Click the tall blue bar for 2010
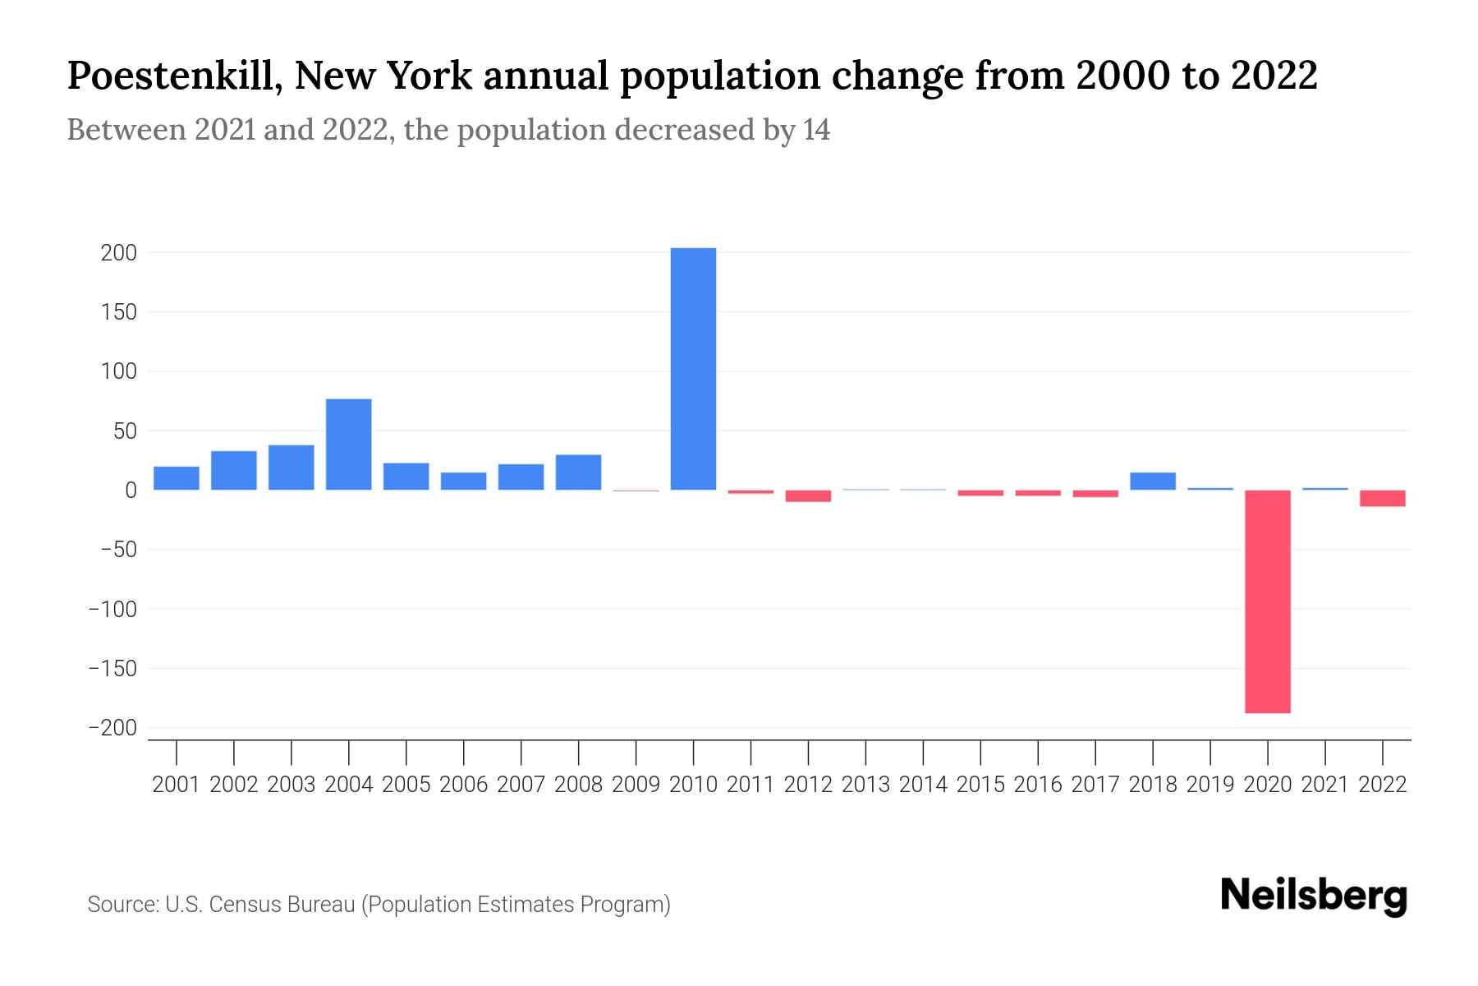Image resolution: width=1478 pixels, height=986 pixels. coord(693,370)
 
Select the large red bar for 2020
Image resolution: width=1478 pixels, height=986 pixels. coord(1267,601)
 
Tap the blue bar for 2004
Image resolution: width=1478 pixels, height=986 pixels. coord(349,445)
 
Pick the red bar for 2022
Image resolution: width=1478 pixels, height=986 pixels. coord(1382,498)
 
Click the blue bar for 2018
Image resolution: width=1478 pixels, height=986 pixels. coord(1153,481)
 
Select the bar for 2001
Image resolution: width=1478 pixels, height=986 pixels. coord(177,478)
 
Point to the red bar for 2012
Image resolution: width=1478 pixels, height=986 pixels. coord(808,495)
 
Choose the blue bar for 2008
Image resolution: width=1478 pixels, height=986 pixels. coord(578,472)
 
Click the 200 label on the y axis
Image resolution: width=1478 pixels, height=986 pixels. coord(119,253)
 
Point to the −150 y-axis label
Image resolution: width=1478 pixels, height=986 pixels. coord(112,669)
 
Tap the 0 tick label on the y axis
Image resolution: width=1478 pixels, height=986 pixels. coord(131,491)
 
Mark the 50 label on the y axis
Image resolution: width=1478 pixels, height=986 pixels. coord(124,431)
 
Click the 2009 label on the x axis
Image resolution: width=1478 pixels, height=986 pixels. coord(636,785)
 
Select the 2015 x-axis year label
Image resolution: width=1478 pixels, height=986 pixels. coord(980,785)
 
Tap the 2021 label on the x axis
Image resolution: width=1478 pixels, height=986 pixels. coord(1324,785)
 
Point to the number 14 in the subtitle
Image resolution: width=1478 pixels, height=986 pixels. coord(817,130)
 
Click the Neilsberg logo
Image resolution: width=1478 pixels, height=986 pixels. coord(1314,896)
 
